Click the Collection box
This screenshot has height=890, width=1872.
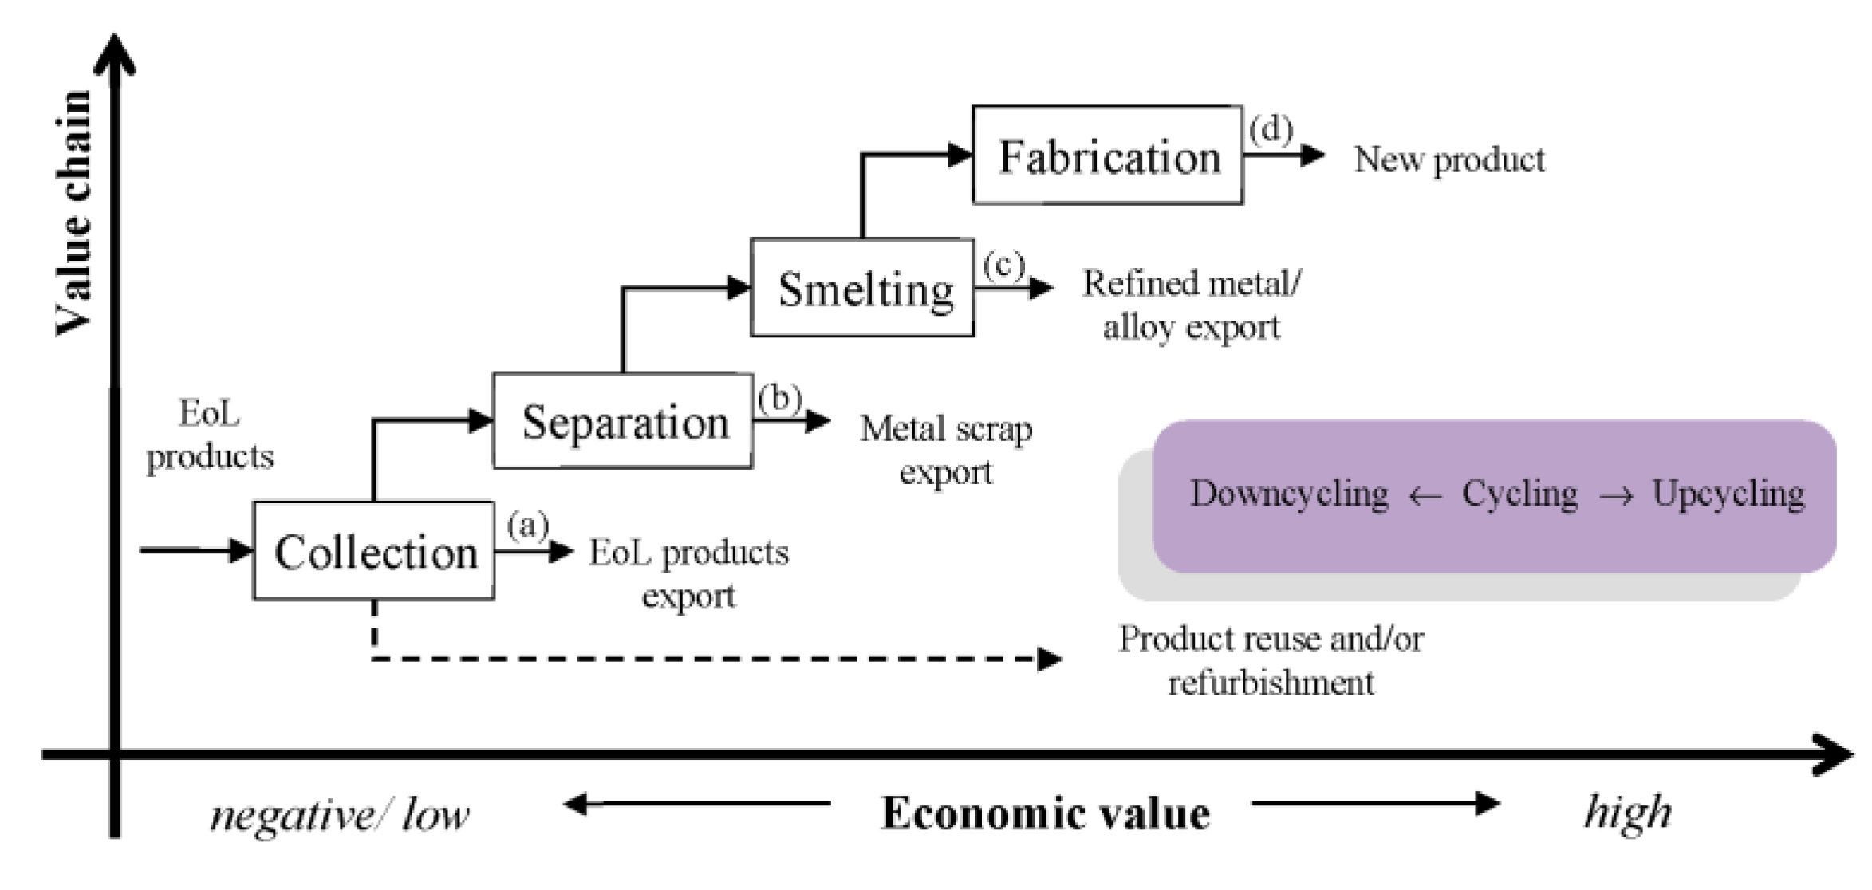click(x=373, y=551)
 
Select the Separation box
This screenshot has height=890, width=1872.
click(x=623, y=421)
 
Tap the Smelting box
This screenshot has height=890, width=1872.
click(x=862, y=288)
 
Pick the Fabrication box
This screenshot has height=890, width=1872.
click(x=1107, y=156)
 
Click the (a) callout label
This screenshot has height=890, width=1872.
click(x=527, y=526)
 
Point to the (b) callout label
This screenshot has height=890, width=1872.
click(x=779, y=397)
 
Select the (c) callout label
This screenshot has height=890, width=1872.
click(x=1003, y=265)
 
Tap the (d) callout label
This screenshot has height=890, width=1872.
click(x=1270, y=129)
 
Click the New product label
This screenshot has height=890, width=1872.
click(x=1448, y=159)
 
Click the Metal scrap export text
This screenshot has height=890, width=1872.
click(x=946, y=451)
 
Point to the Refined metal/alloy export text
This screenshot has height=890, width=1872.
click(x=1191, y=305)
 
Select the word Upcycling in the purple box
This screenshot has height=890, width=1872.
click(x=1728, y=494)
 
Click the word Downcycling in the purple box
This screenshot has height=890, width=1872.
click(x=1289, y=494)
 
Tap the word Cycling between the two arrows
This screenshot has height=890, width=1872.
click(x=1519, y=494)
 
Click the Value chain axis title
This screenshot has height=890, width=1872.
click(x=73, y=213)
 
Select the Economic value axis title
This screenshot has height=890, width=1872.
click(x=1045, y=814)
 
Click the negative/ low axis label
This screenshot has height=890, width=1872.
click(x=339, y=815)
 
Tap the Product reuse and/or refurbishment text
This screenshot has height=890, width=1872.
click(x=1270, y=660)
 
